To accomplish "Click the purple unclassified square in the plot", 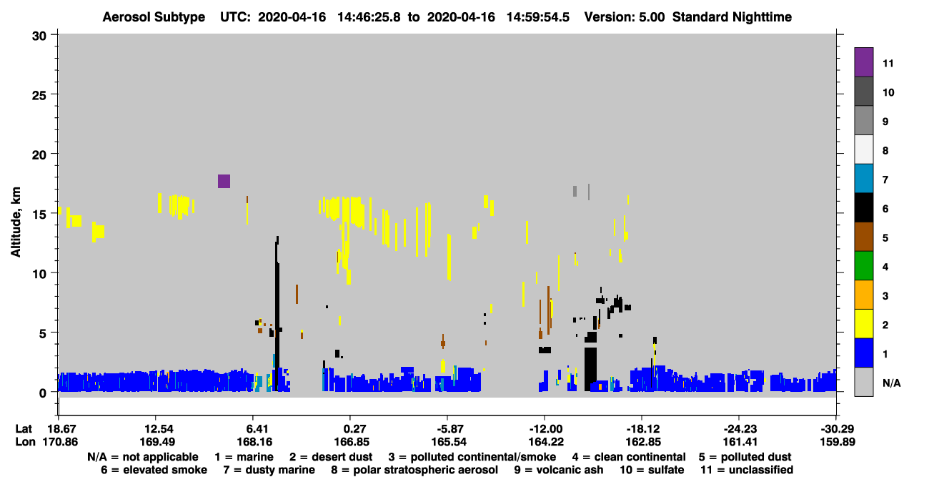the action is [224, 181].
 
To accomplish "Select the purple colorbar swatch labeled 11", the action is [863, 62].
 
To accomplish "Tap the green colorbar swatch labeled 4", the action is [863, 266].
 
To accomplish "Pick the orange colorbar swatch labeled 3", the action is [863, 295].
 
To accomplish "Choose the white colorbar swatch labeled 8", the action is [863, 149].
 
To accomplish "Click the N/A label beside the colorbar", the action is [891, 383].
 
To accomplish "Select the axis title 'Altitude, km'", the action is [16, 222].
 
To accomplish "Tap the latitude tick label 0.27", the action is [352, 429].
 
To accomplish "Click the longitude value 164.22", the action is [546, 442].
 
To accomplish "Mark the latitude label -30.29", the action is [838, 429].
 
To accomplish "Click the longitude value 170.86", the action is [60, 442].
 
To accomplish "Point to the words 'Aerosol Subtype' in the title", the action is [154, 17].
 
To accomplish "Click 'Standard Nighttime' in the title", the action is [732, 17].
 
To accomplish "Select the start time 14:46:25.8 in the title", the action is [369, 17].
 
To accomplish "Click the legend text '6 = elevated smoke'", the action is [154, 470].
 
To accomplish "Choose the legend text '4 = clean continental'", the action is [629, 457].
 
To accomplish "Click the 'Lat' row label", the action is [24, 429].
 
